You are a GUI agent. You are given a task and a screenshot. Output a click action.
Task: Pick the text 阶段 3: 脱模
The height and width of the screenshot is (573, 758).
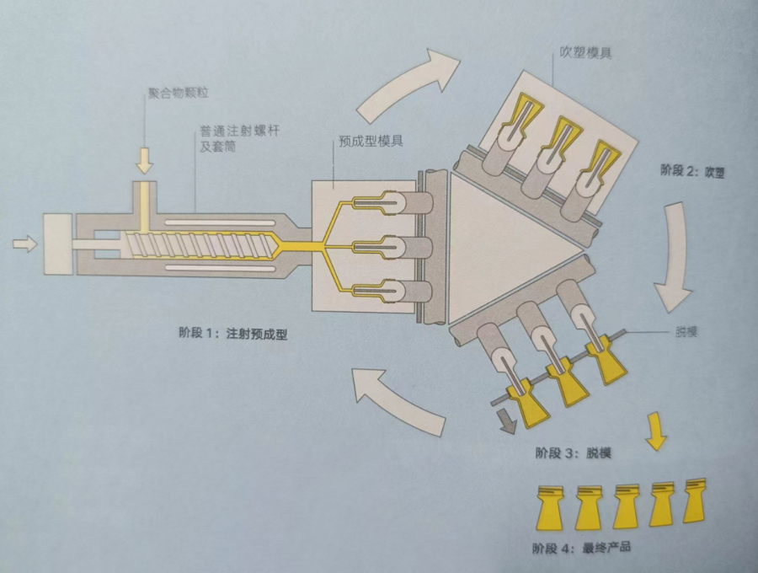(x=572, y=453)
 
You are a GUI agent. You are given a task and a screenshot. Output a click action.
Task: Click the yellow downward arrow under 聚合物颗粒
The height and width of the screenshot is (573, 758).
(x=145, y=158)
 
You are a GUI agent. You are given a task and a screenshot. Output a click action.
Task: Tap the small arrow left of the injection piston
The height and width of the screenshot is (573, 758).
(x=25, y=244)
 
